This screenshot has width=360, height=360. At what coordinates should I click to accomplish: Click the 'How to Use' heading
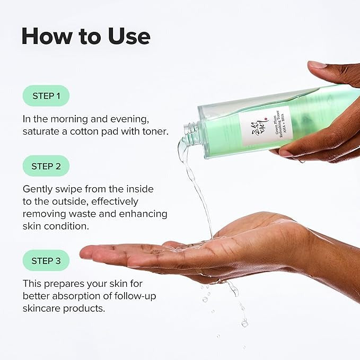click(86, 36)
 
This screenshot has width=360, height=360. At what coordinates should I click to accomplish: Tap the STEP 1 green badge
click(46, 96)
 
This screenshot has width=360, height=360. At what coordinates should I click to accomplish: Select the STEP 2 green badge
click(46, 166)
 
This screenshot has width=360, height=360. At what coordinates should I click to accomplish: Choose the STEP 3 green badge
click(46, 260)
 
